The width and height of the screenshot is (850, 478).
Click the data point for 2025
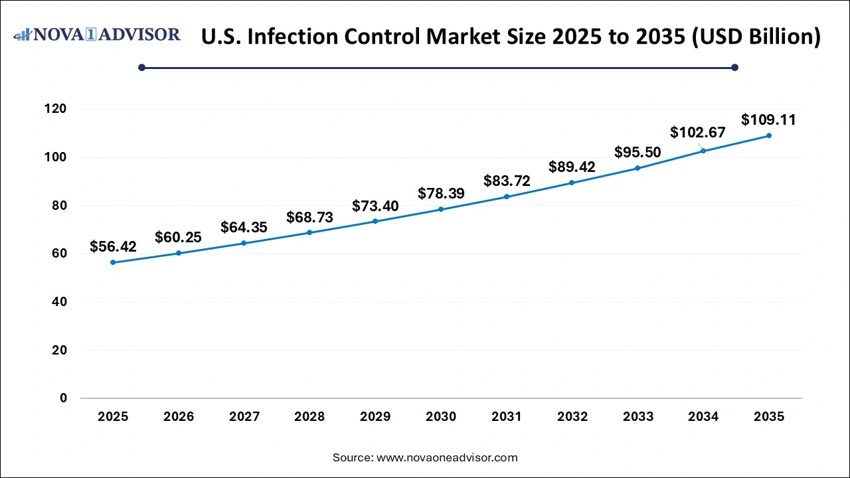(113, 262)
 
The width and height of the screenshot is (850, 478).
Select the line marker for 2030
(441, 209)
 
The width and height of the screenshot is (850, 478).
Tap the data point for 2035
(769, 135)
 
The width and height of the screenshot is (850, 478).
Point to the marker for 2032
(572, 183)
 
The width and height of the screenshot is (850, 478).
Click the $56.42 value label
(113, 247)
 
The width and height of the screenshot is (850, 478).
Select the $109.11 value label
(768, 120)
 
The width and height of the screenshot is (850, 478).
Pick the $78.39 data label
(441, 193)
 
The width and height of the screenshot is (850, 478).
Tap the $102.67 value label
(697, 132)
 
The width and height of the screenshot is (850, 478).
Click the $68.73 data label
(309, 217)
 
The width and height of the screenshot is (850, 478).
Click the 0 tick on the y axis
(63, 398)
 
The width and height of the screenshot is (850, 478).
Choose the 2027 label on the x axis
(244, 417)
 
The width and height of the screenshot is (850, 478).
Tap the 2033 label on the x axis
(637, 417)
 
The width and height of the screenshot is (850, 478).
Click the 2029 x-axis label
(375, 417)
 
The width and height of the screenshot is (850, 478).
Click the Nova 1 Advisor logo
(97, 35)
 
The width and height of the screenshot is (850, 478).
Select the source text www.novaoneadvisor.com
(447, 457)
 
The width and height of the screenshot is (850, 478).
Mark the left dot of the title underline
(141, 67)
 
